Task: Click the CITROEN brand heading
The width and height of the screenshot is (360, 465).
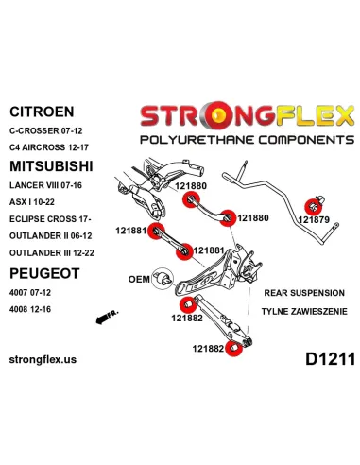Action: tap(42, 112)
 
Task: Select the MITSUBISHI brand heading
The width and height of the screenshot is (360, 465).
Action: tap(51, 166)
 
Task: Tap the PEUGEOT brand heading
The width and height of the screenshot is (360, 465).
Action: tap(44, 273)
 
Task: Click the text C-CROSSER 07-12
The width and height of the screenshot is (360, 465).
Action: tap(46, 130)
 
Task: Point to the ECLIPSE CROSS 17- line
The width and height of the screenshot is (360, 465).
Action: tap(50, 219)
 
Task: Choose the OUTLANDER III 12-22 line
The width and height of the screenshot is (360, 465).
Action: tap(52, 253)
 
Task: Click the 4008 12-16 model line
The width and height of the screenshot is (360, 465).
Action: tap(30, 309)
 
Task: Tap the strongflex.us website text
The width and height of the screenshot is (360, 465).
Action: tap(43, 359)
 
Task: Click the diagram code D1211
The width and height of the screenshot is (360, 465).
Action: tap(331, 359)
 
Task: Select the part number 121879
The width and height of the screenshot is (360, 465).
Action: tap(314, 219)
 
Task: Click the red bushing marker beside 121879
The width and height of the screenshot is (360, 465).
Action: tap(313, 207)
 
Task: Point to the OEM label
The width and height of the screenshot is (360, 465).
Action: tap(139, 279)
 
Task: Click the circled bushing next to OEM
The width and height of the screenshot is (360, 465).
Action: tap(163, 279)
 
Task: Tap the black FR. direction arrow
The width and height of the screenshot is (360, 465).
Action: tap(107, 317)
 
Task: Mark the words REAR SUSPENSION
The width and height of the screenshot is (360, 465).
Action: tap(304, 293)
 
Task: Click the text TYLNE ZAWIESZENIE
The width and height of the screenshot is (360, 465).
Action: tap(304, 312)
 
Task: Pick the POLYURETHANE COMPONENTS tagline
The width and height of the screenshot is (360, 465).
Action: tap(248, 140)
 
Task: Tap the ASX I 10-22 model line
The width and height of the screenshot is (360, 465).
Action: tap(32, 202)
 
